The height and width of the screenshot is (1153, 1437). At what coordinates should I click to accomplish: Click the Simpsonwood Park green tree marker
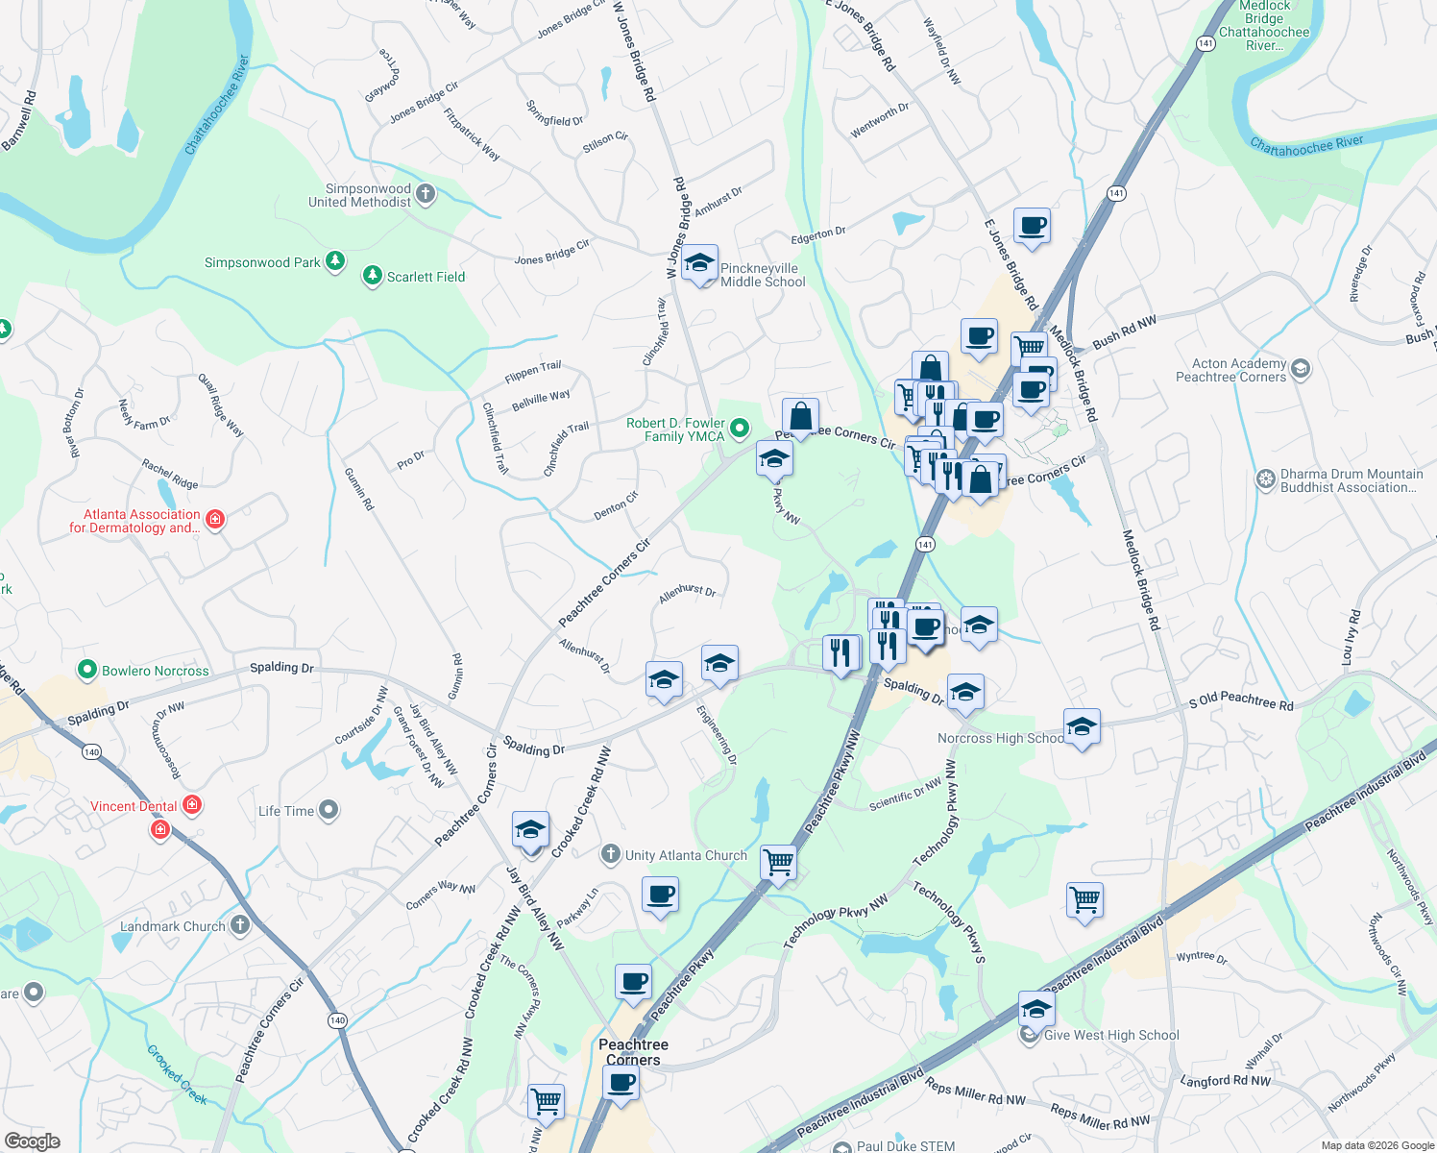click(x=334, y=261)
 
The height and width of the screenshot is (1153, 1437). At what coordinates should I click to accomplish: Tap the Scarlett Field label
click(x=426, y=277)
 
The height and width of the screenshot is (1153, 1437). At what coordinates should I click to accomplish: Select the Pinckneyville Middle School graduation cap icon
click(x=699, y=263)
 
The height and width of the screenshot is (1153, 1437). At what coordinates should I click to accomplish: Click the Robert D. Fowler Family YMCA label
click(x=675, y=429)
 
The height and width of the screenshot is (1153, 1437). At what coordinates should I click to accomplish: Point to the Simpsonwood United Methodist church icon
click(x=426, y=194)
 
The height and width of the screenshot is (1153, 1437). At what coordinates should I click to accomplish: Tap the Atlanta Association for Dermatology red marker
click(x=215, y=520)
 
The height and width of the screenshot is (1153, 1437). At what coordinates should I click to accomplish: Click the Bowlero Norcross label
click(x=156, y=671)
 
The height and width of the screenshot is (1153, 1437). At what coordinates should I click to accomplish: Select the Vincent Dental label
click(x=134, y=806)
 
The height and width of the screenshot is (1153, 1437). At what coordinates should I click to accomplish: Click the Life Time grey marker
click(x=329, y=811)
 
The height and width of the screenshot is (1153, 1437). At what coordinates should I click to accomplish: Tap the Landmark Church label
click(x=173, y=926)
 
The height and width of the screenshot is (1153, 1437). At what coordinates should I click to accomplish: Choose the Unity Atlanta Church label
click(x=686, y=855)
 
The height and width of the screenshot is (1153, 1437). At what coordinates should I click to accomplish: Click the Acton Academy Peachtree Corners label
click(x=1231, y=370)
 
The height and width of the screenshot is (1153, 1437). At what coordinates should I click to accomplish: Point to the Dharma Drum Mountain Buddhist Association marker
click(x=1266, y=478)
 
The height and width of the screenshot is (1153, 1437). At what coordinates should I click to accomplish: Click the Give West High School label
click(x=1111, y=1035)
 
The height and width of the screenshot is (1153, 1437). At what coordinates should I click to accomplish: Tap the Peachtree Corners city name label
click(x=633, y=1052)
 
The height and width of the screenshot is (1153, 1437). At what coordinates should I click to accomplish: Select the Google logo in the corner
click(x=33, y=1141)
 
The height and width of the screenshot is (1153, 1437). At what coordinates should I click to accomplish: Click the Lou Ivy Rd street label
click(x=1351, y=637)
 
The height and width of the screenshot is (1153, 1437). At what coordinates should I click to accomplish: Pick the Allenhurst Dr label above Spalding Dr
click(x=688, y=592)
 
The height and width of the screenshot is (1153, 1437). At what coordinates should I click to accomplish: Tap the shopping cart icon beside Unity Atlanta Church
click(x=777, y=862)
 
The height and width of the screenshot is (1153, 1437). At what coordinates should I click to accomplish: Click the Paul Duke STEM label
click(x=905, y=1145)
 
